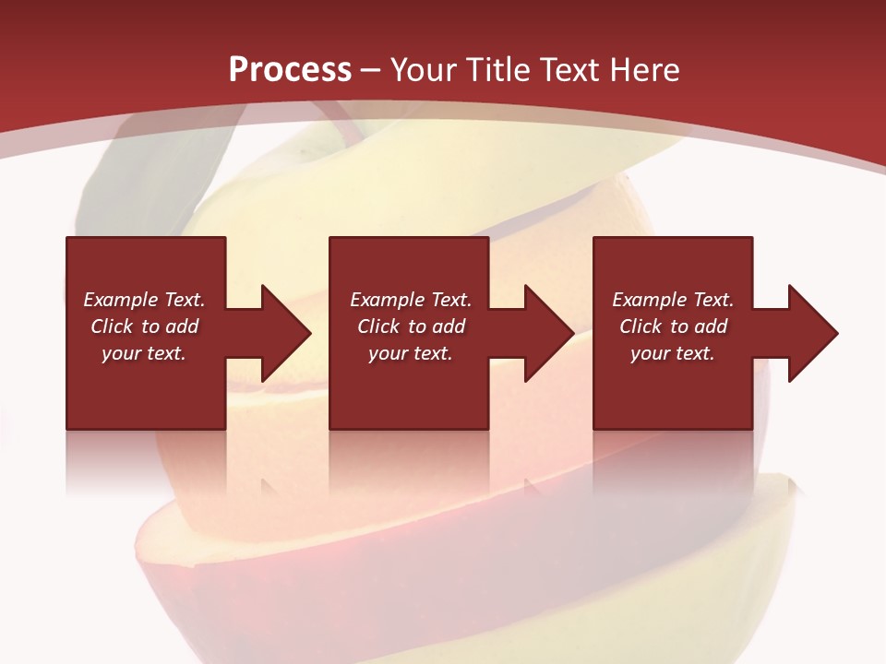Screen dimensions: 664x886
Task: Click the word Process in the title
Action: point(290,70)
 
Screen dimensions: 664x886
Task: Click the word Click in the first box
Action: point(112,326)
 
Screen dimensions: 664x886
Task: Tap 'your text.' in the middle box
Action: point(410,353)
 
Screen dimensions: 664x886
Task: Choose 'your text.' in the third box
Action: point(672,353)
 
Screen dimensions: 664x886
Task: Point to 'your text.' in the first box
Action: point(144,353)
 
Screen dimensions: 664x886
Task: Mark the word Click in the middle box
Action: point(378,326)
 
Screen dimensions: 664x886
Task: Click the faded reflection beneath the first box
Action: point(145,461)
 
